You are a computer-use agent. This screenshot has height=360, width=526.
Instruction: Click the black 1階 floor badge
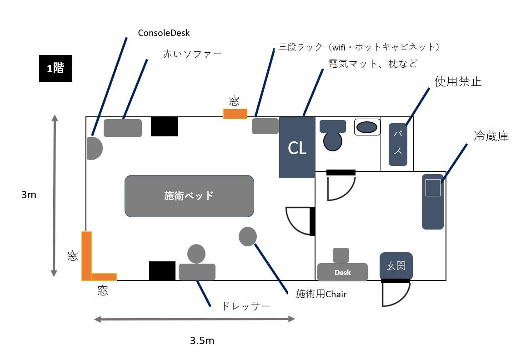[55, 69]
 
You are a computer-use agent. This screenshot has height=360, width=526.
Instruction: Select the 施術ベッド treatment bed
[189, 196]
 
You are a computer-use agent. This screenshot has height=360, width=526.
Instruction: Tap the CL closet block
[297, 147]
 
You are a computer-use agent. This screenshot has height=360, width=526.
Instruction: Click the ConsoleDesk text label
[164, 33]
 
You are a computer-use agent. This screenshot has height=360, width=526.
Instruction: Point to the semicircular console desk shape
[94, 148]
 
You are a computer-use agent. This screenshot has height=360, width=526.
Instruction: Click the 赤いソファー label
[192, 54]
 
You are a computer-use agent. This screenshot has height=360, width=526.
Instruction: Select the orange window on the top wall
[235, 114]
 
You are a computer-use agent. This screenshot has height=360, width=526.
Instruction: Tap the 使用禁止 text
[458, 82]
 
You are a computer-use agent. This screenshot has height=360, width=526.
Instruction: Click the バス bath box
[398, 144]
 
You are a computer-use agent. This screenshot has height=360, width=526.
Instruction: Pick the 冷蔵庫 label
[491, 136]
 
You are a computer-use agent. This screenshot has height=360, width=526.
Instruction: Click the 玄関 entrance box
[396, 266]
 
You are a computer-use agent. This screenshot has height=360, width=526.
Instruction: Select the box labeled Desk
[342, 272]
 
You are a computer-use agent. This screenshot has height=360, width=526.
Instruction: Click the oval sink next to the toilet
[367, 127]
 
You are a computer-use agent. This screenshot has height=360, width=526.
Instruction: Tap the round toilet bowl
[333, 141]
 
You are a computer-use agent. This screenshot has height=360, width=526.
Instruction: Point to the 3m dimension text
[29, 195]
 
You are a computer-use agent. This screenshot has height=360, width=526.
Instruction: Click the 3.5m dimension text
[202, 340]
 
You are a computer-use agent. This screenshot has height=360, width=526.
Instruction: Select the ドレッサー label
[245, 306]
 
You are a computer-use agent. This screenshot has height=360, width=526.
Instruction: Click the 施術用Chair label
[321, 294]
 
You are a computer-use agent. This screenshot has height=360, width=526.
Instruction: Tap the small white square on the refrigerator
[433, 188]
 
